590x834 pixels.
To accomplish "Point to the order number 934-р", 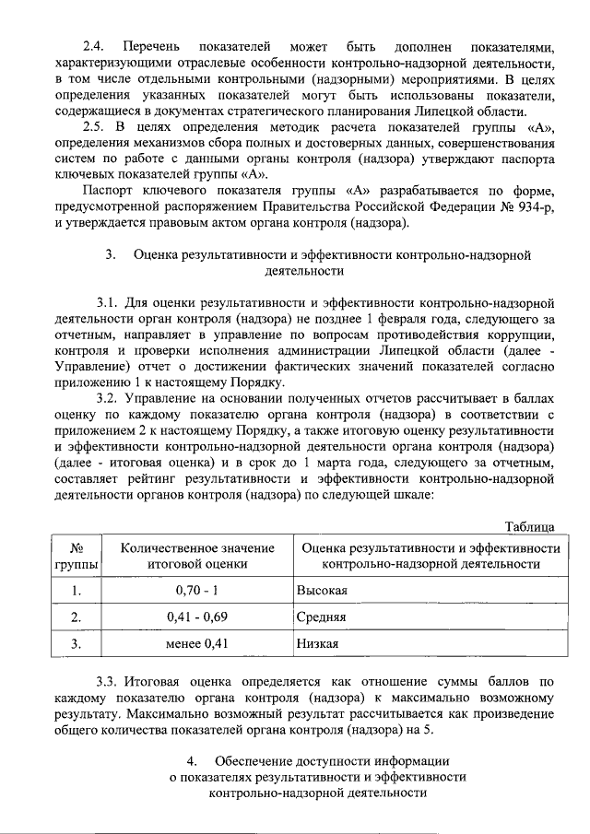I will coord(535,206).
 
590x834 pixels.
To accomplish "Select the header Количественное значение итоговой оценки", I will coord(196,556).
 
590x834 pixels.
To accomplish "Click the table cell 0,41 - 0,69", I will coord(196,617).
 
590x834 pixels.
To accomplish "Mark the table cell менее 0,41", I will coord(196,643).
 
